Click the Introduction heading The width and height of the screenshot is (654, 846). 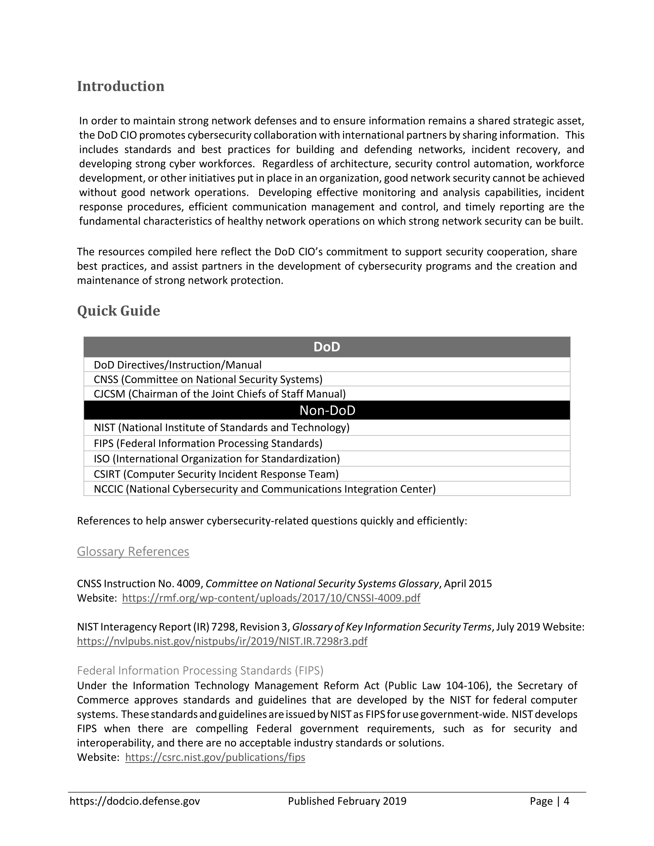[x=120, y=86]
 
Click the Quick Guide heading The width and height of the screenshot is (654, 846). [x=118, y=311]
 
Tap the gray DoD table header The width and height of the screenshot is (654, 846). [x=327, y=347]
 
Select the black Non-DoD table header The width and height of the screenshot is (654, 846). [x=327, y=410]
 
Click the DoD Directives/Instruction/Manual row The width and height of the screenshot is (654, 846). [x=177, y=365]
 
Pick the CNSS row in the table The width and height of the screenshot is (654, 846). [x=208, y=379]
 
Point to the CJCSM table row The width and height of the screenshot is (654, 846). [x=220, y=394]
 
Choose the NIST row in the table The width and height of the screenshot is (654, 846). [x=221, y=428]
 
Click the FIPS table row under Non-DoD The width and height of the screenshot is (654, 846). [x=208, y=443]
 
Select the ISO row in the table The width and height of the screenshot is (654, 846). [x=217, y=459]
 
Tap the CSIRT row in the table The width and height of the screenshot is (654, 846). [x=216, y=474]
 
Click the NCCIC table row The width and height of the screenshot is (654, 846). [x=265, y=489]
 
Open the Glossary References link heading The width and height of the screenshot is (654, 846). [x=133, y=551]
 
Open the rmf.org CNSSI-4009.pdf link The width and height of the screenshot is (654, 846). [x=271, y=598]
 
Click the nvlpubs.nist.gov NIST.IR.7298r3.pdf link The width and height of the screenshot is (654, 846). [x=222, y=641]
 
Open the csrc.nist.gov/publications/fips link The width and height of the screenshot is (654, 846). [x=215, y=757]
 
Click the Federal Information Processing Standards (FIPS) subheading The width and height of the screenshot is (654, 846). [x=200, y=670]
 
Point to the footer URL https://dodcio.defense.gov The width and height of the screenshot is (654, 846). [x=135, y=801]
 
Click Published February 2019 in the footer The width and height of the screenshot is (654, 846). [x=347, y=801]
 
